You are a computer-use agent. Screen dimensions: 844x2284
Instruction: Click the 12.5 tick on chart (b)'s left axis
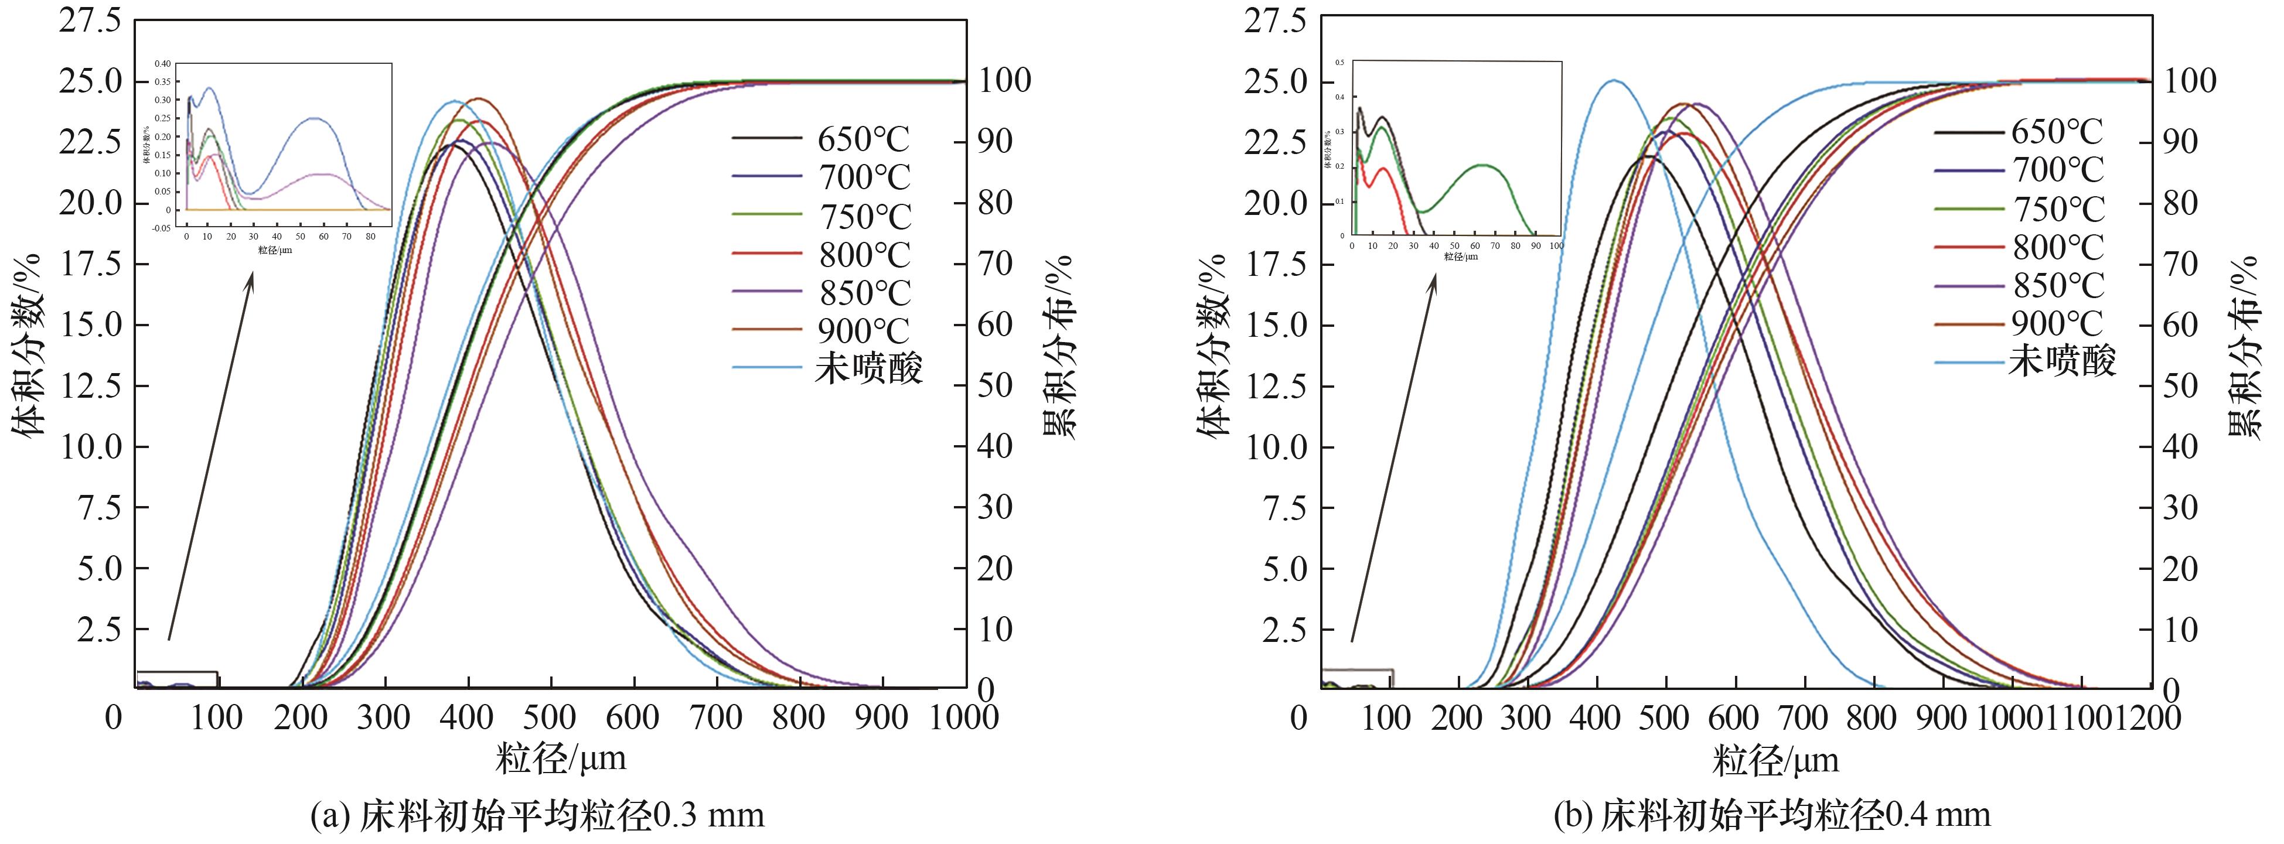(x=1276, y=385)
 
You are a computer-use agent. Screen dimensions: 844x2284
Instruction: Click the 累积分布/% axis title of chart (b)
(x=2249, y=346)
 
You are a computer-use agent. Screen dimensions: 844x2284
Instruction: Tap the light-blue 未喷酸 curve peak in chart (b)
(x=1614, y=81)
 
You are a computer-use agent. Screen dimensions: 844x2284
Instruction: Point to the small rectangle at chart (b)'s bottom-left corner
(x=1356, y=678)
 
